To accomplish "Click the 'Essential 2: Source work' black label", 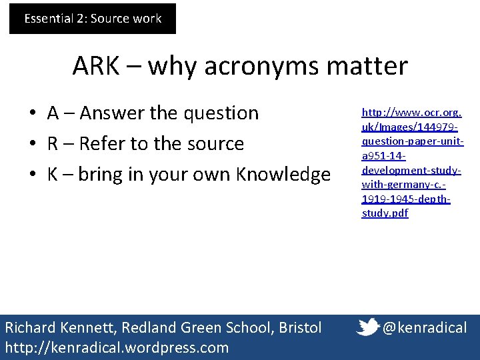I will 93,19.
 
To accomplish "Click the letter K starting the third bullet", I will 52,175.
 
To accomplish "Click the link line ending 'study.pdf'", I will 385,213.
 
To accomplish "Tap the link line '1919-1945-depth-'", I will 406,199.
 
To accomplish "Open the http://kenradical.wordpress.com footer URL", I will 117,347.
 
